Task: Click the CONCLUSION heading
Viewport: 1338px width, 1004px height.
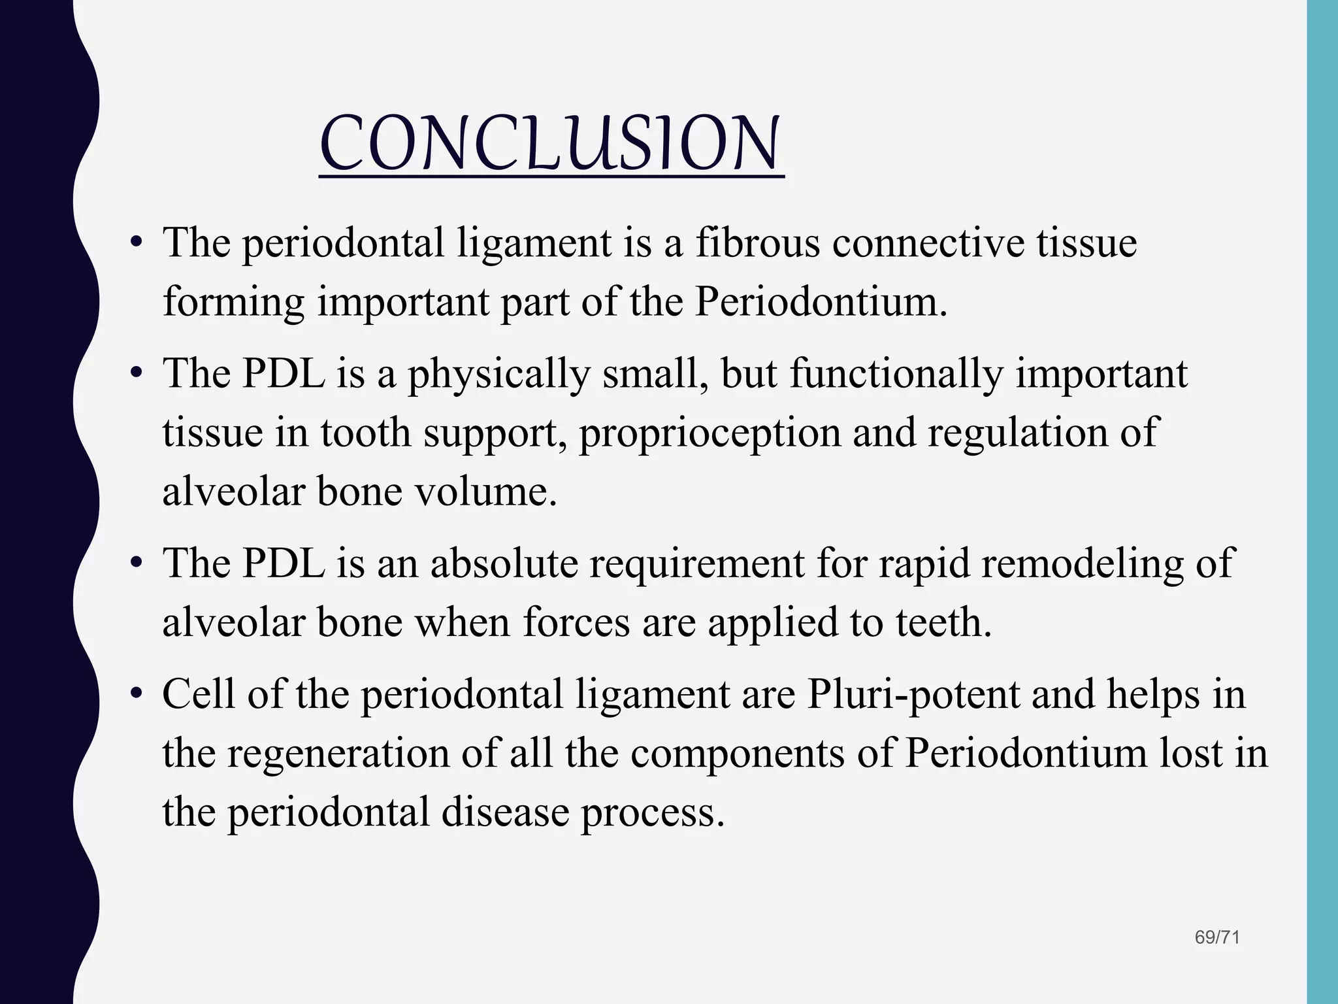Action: tap(551, 143)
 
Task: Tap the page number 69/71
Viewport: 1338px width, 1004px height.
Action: tap(1216, 937)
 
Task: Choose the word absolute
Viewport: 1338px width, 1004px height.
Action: tap(504, 563)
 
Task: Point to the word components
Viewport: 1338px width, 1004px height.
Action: tap(761, 754)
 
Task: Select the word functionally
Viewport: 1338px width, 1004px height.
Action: tap(896, 375)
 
